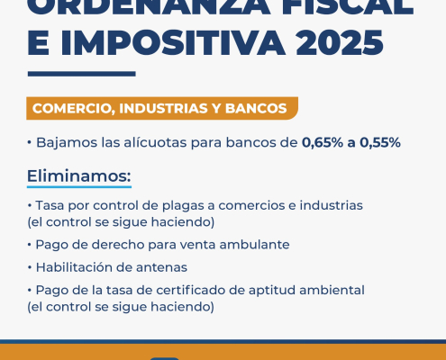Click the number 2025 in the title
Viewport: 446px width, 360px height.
(x=340, y=42)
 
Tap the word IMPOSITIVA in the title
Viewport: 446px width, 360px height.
(x=173, y=42)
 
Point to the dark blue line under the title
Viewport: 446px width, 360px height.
(x=82, y=74)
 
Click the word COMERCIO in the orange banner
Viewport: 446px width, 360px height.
(x=74, y=108)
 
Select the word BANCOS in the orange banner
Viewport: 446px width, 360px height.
(x=256, y=108)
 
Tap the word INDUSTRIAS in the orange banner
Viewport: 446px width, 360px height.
(x=163, y=108)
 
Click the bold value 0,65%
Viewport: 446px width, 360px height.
(x=323, y=142)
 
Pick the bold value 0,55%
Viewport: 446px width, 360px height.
(x=380, y=142)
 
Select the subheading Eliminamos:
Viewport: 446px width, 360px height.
(x=79, y=175)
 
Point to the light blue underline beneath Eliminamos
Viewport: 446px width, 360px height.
(x=79, y=187)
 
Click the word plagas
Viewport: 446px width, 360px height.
(x=188, y=206)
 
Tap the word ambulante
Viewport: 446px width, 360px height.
(x=254, y=245)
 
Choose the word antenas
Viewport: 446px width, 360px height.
(x=161, y=267)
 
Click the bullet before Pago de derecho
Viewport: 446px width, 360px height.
(x=30, y=245)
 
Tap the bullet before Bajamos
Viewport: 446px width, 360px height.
(x=30, y=143)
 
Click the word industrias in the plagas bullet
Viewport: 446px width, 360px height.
(x=332, y=205)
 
